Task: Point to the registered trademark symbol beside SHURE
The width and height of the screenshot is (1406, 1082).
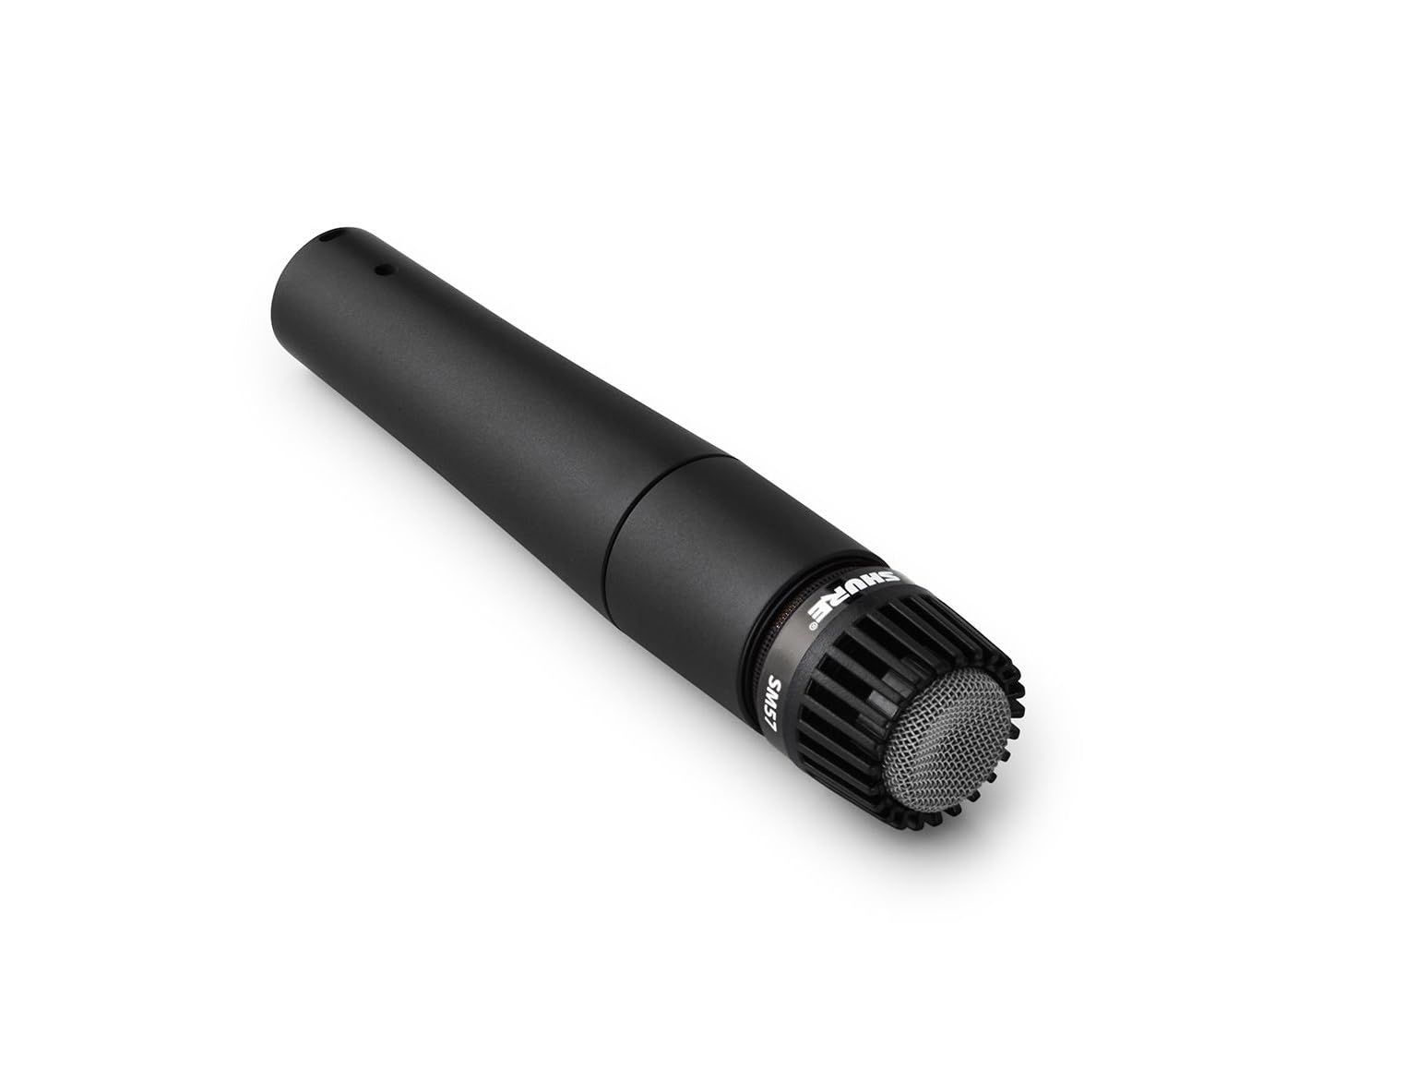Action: click(x=813, y=626)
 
